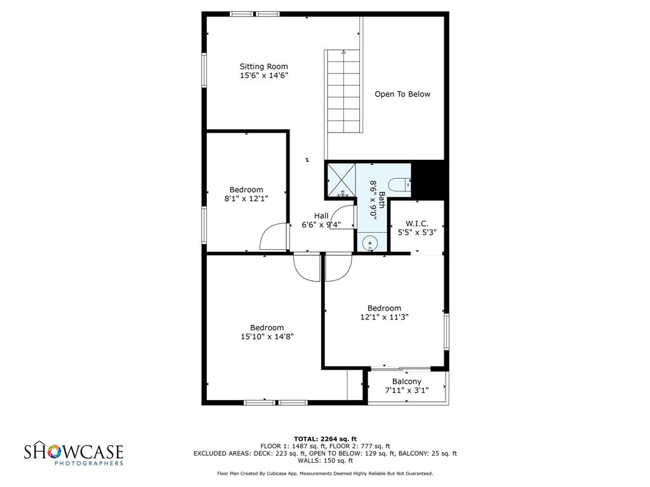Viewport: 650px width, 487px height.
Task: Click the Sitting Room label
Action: coord(263,67)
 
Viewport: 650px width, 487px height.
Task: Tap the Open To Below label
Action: coord(402,94)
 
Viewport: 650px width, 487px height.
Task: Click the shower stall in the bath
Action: coord(340,179)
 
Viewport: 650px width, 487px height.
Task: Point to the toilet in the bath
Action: coord(399,185)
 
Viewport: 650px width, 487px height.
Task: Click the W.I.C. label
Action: coord(417,224)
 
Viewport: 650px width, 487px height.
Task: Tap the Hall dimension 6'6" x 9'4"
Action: coord(321,224)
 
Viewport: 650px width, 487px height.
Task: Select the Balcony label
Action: coord(407,382)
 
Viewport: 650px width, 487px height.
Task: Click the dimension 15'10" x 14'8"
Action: coord(267,337)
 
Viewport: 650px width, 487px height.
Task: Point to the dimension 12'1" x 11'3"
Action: coord(384,317)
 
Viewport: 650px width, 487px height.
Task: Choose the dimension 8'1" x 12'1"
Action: coord(246,198)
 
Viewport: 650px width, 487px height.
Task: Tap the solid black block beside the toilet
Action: coord(430,179)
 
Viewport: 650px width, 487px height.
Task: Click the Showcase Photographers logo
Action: coord(74,454)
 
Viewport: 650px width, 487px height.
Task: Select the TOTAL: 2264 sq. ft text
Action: coord(325,439)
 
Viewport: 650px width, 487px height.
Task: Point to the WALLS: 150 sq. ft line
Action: coord(325,461)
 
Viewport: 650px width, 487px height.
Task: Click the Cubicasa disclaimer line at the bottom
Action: coord(325,474)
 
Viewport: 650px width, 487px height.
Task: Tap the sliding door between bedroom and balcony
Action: coord(400,368)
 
